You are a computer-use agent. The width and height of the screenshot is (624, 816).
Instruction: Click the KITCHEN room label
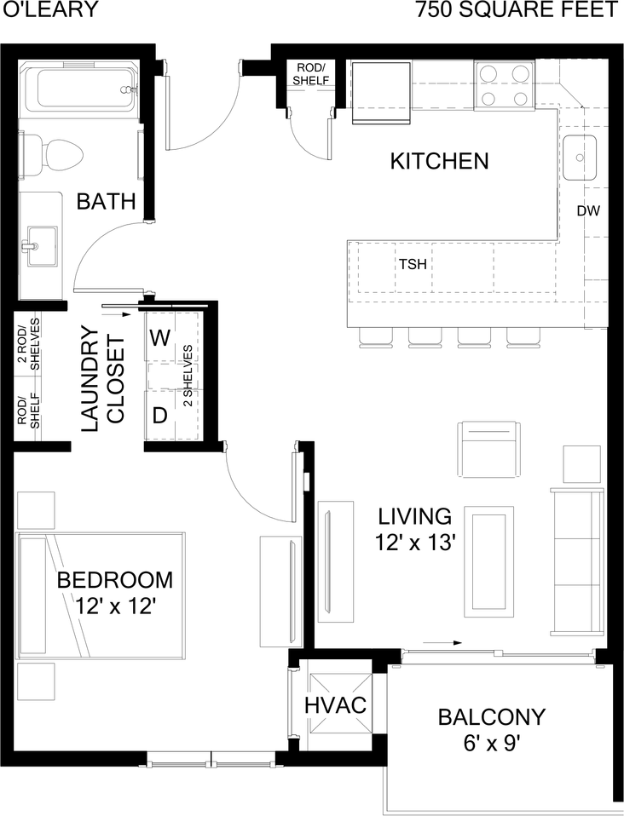click(x=440, y=161)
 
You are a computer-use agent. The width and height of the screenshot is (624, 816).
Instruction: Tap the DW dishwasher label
click(x=588, y=210)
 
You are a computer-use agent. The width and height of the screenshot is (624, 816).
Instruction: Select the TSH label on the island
click(x=413, y=264)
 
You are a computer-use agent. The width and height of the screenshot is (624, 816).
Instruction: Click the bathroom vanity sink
click(x=42, y=245)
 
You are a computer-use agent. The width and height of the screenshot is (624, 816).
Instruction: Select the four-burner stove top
click(x=504, y=83)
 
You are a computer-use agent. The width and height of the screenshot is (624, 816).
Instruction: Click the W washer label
click(x=160, y=338)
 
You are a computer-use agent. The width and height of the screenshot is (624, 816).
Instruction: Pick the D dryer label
click(x=160, y=416)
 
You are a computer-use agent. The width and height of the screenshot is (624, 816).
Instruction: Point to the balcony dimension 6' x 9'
click(x=492, y=744)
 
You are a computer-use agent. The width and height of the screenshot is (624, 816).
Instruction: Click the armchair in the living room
click(x=489, y=448)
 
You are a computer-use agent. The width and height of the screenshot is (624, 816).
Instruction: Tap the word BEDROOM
click(x=114, y=580)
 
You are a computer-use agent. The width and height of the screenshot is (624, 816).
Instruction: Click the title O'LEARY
click(x=50, y=10)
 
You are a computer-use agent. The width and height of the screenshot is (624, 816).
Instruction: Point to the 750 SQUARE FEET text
click(x=517, y=10)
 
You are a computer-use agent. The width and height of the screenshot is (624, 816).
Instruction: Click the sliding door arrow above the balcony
click(x=442, y=643)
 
